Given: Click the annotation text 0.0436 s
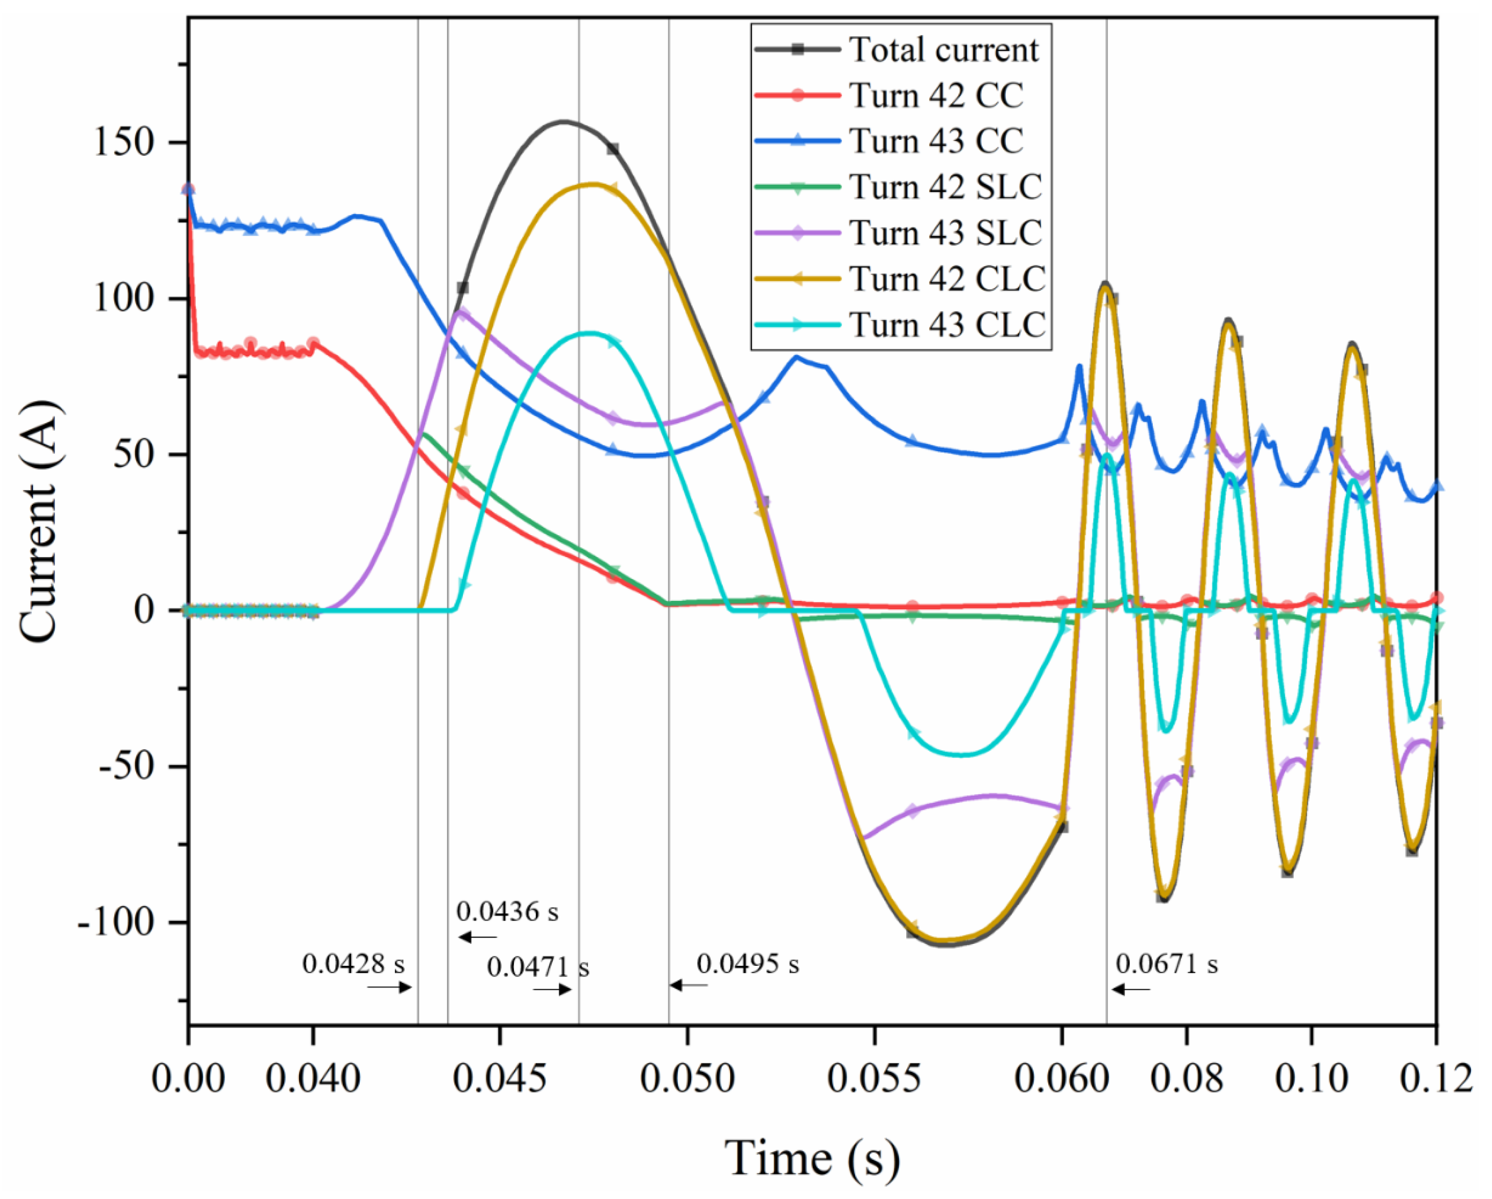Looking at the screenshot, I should pyautogui.click(x=507, y=912).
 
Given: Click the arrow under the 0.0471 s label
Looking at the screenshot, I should pyautogui.click(x=551, y=990).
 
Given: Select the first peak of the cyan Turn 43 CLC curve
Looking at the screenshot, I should pyautogui.click(x=588, y=333).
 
